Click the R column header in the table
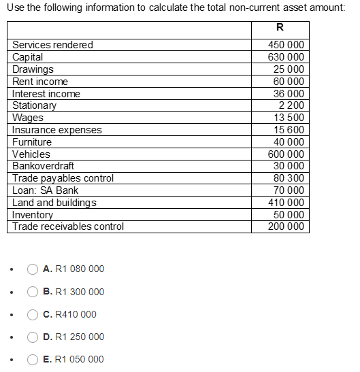280,29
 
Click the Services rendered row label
53,45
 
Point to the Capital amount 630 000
287,57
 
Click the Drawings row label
33,69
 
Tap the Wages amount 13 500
289,118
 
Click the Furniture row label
32,142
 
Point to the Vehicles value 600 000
287,154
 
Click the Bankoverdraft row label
44,166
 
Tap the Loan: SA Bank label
46,190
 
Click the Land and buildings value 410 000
287,203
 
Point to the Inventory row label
33,215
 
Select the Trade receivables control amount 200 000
287,226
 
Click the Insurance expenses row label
57,130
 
